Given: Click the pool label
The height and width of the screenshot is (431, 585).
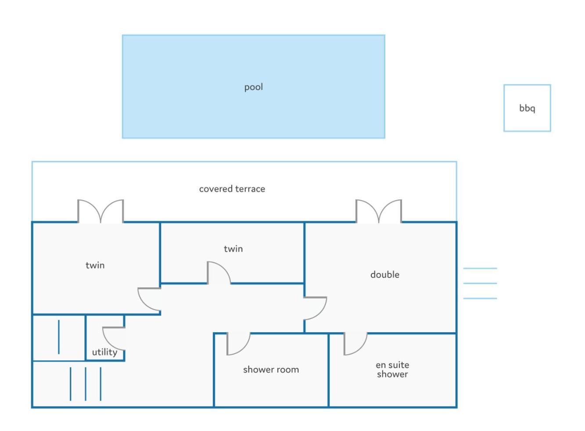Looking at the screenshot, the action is [x=253, y=87].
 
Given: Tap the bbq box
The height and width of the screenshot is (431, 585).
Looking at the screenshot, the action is [x=527, y=85].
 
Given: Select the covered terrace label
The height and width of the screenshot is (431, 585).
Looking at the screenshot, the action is [x=232, y=189].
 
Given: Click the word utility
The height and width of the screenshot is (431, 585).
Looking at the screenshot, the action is [x=104, y=352].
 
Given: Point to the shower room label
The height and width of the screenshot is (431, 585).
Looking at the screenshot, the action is [x=271, y=370].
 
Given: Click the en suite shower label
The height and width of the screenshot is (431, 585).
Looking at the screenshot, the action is [x=392, y=370].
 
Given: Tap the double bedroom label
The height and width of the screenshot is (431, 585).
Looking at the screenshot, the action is [x=385, y=275].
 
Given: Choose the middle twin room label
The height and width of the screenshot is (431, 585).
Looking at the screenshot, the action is [x=233, y=249].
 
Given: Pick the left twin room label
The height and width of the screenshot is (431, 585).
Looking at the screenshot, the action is [x=95, y=266].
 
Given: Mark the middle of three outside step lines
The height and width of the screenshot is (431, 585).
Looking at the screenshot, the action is [x=480, y=283].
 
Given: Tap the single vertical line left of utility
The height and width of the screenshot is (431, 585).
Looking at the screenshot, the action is [x=59, y=337].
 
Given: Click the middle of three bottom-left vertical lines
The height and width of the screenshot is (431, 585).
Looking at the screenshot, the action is [x=86, y=384].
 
